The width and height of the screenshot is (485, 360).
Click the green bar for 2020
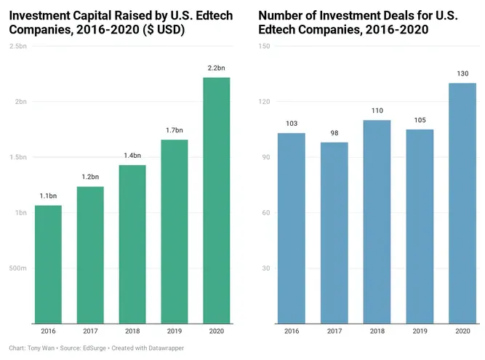click(x=217, y=201)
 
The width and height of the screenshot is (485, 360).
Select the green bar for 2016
click(x=48, y=265)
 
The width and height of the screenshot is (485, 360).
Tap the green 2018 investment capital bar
click(x=132, y=244)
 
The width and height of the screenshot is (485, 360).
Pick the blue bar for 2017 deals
click(x=334, y=233)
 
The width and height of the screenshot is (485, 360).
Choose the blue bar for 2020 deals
click(x=462, y=204)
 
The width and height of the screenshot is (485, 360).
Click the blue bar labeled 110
click(x=377, y=222)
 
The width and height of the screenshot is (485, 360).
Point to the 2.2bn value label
click(x=217, y=68)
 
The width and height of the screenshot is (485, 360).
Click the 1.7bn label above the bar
click(x=175, y=130)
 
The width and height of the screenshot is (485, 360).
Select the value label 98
click(x=334, y=133)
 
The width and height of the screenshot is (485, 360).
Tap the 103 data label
click(x=292, y=124)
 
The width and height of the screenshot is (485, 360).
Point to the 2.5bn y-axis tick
click(x=18, y=46)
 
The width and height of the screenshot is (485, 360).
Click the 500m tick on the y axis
click(x=18, y=268)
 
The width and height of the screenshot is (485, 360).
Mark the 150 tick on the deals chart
click(x=264, y=46)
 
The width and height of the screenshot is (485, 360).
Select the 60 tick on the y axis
click(x=266, y=213)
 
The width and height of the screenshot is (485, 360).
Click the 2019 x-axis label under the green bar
click(x=175, y=331)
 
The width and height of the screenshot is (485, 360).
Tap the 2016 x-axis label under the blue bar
click(x=292, y=331)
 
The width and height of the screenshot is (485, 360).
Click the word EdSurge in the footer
click(x=95, y=348)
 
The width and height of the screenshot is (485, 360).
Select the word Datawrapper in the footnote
click(x=166, y=348)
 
